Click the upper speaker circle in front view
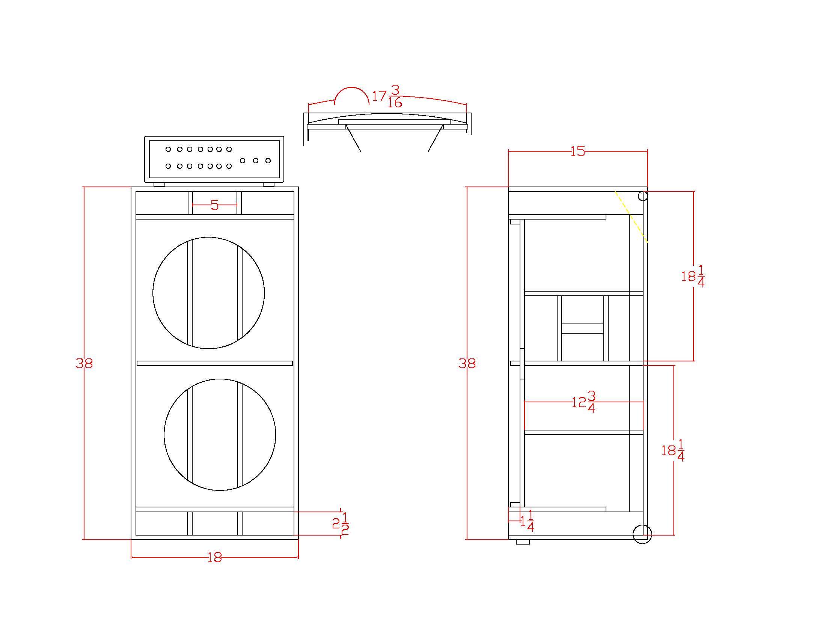tap(153, 293)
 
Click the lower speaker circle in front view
tap(164, 435)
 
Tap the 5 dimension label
tap(215, 205)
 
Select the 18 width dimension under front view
tap(214, 557)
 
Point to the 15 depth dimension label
tap(577, 152)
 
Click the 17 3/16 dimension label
tap(387, 96)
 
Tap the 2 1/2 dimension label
tap(341, 524)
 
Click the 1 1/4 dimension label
tap(528, 521)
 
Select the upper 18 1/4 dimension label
tap(693, 276)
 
